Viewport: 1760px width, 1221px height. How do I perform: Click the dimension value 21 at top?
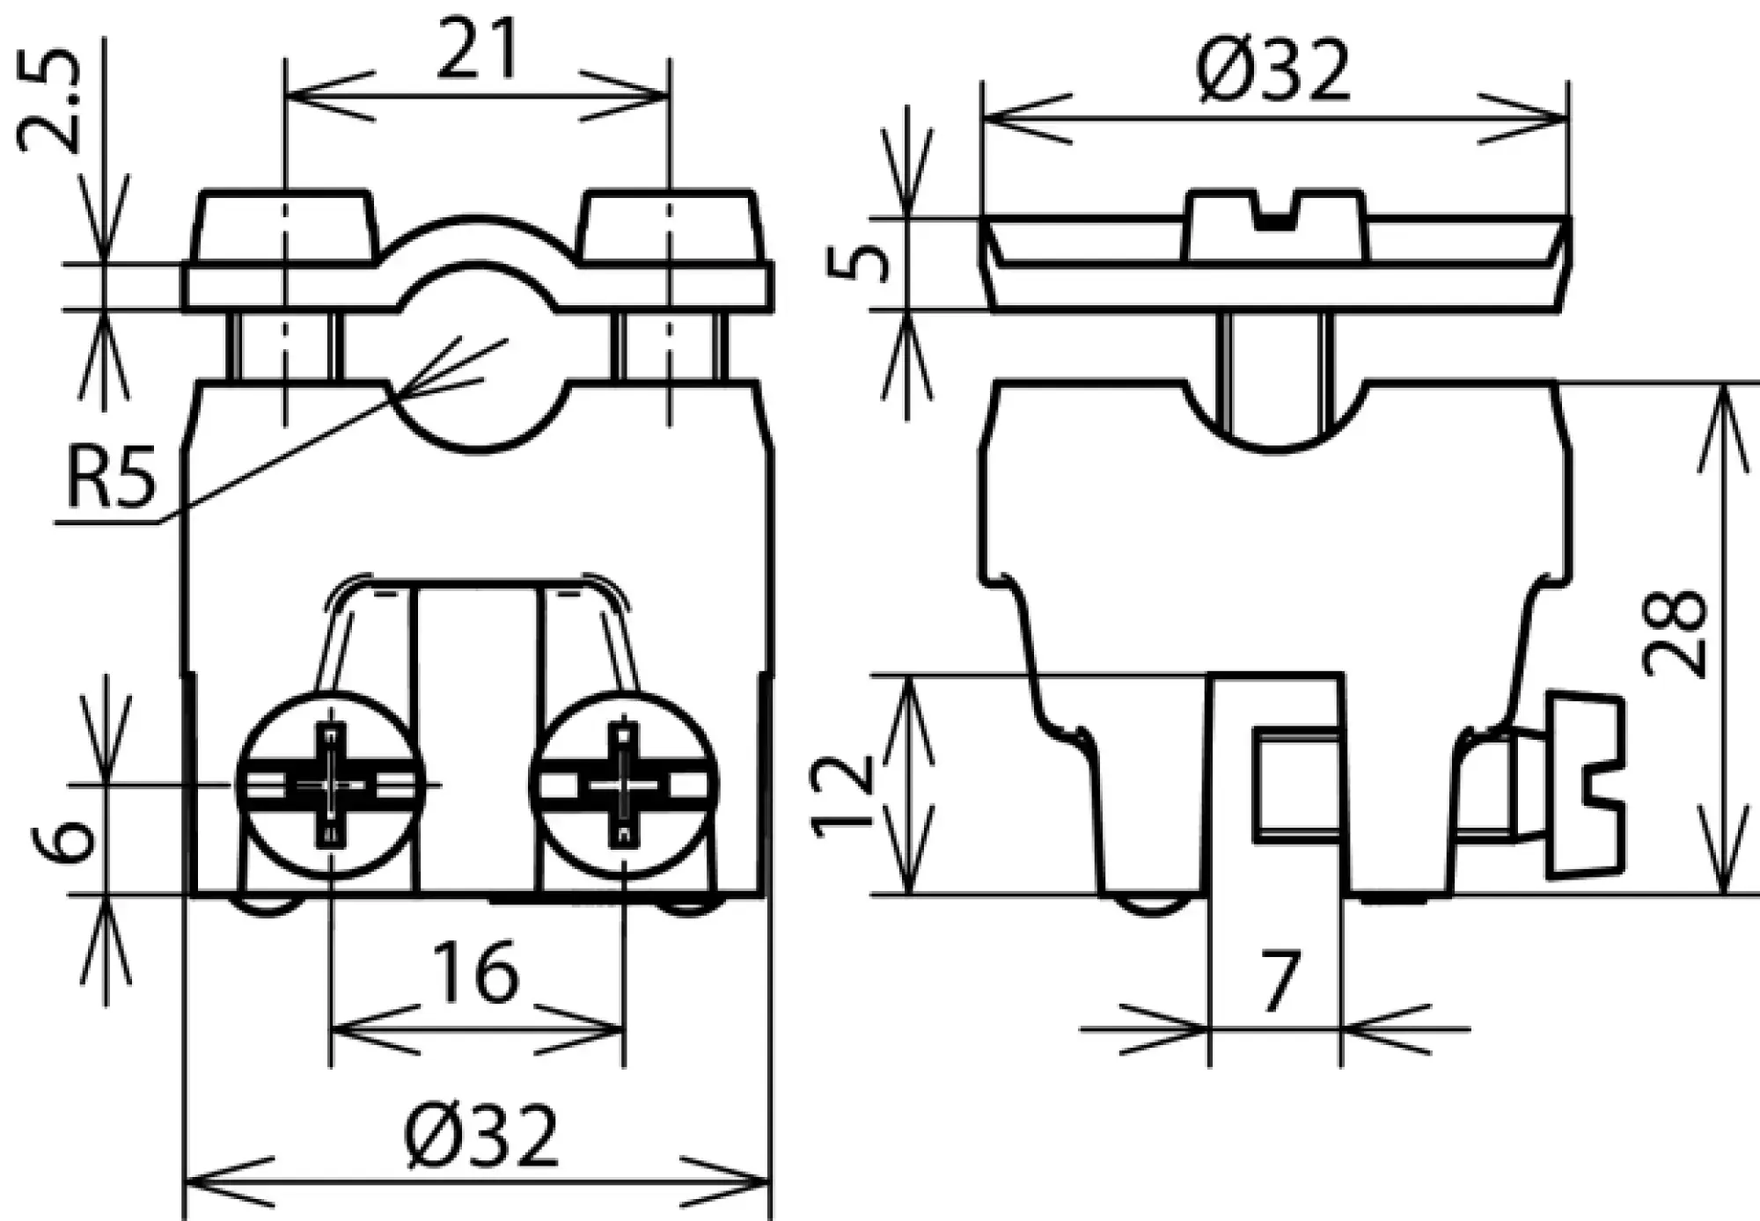tap(477, 50)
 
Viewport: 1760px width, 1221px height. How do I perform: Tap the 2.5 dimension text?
tap(50, 101)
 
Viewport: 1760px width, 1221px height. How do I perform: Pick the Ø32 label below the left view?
tap(481, 1136)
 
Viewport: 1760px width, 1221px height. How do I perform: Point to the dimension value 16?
tap(477, 973)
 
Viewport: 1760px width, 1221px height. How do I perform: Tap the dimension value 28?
tap(1675, 634)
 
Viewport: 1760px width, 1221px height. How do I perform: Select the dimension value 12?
tap(842, 796)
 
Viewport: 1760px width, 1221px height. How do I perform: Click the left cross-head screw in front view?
tap(330, 785)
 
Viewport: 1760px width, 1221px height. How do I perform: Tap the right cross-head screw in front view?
tap(624, 785)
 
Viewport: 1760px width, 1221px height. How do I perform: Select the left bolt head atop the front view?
tap(285, 226)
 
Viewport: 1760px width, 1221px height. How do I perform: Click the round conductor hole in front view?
tap(477, 369)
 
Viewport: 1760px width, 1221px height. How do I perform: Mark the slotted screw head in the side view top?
tap(1273, 225)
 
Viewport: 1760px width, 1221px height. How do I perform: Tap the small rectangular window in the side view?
tap(1297, 783)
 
